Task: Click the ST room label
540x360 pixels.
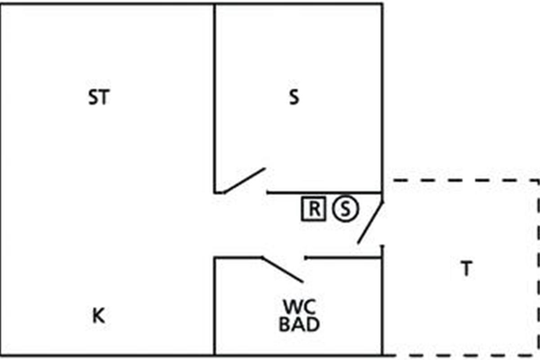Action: coord(99,97)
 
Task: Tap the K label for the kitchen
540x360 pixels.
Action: coord(99,315)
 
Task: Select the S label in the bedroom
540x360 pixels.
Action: coord(294,97)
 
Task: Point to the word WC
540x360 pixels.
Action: coord(300,307)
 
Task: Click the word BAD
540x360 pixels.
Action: coord(299,324)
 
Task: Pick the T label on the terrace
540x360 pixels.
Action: coord(467,268)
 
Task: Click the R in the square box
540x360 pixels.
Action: coord(314,208)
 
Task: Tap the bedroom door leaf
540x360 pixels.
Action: coord(245,180)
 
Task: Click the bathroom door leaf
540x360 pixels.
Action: coord(282,270)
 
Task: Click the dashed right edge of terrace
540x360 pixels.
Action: coord(538,267)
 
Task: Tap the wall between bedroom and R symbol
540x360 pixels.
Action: coord(325,193)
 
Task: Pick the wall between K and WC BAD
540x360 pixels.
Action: coord(214,306)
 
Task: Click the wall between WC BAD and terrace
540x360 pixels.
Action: coord(382,300)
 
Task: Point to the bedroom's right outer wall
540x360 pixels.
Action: coord(382,98)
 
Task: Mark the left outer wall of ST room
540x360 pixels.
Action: coord(1,180)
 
